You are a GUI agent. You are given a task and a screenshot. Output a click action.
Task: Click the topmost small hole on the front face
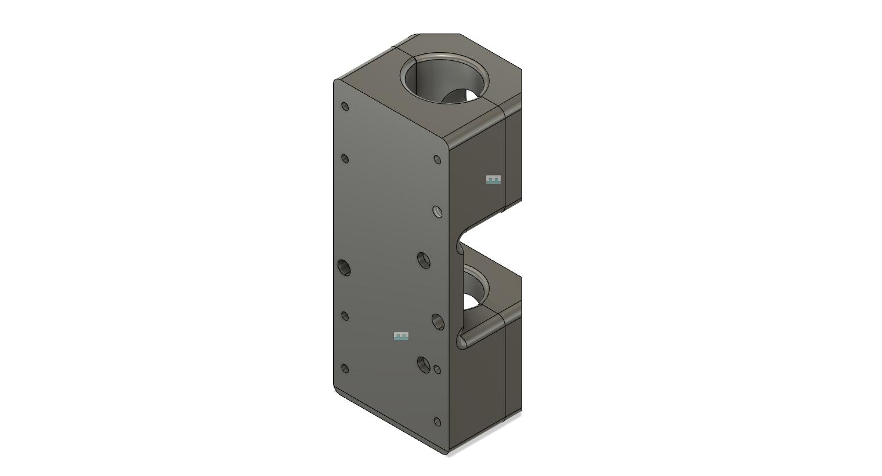(345, 107)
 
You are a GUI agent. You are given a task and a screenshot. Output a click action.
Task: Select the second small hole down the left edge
(345, 159)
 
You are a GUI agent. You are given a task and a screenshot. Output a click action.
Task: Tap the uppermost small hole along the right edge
(438, 160)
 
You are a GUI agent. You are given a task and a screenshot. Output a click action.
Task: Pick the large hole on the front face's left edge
(344, 267)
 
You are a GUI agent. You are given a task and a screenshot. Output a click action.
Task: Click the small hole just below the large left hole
(345, 316)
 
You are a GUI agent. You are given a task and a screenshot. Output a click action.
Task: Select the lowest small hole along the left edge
(345, 369)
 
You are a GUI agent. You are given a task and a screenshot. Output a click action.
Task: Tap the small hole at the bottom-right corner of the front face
(438, 422)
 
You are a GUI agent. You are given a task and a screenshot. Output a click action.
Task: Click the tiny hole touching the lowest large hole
(438, 369)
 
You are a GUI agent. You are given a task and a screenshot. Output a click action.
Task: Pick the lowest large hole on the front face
(424, 365)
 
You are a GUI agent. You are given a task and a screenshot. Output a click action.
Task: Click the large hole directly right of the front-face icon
(438, 321)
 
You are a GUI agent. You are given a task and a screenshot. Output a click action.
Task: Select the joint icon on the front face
(401, 336)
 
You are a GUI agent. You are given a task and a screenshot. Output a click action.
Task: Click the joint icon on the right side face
(493, 180)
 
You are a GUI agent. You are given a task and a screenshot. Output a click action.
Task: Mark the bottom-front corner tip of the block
(447, 452)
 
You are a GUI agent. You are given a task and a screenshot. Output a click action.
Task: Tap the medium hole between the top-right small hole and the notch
(438, 212)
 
